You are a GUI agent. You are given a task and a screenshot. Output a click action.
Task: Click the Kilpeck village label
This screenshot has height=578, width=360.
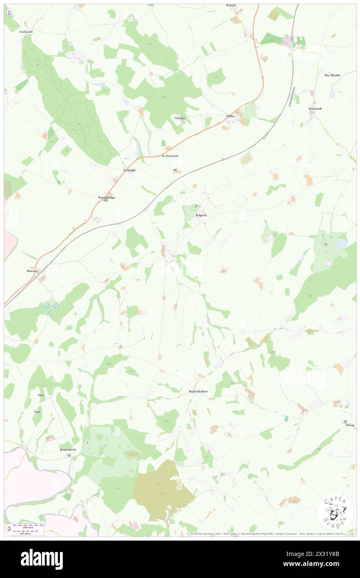[x=201, y=215]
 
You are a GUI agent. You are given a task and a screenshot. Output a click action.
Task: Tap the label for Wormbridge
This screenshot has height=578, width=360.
[x=106, y=197]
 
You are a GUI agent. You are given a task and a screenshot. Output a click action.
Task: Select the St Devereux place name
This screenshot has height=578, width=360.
[x=170, y=156]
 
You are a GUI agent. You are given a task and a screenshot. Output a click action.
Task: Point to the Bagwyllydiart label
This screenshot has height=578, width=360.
[x=198, y=391]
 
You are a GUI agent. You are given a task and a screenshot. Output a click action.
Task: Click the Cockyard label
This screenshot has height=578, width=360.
[x=26, y=31]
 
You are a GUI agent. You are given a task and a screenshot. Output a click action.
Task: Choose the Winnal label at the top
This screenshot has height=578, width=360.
[x=231, y=5]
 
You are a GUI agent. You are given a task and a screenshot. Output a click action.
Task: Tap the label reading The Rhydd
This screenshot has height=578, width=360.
[x=332, y=75]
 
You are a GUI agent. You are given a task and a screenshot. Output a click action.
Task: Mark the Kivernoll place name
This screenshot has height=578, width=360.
[x=315, y=109]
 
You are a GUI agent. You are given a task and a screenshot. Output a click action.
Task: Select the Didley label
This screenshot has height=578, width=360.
[x=231, y=116]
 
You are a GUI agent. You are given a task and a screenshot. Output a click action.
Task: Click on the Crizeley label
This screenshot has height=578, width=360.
[x=180, y=118]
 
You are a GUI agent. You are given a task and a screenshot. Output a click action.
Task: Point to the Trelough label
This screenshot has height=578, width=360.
[x=129, y=170]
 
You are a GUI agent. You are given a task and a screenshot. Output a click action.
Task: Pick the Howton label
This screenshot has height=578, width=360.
[x=32, y=271]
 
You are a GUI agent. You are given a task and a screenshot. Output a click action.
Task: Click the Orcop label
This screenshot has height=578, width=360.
[x=349, y=425]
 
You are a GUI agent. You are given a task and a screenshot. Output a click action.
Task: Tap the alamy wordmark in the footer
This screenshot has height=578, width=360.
[x=42, y=559]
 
